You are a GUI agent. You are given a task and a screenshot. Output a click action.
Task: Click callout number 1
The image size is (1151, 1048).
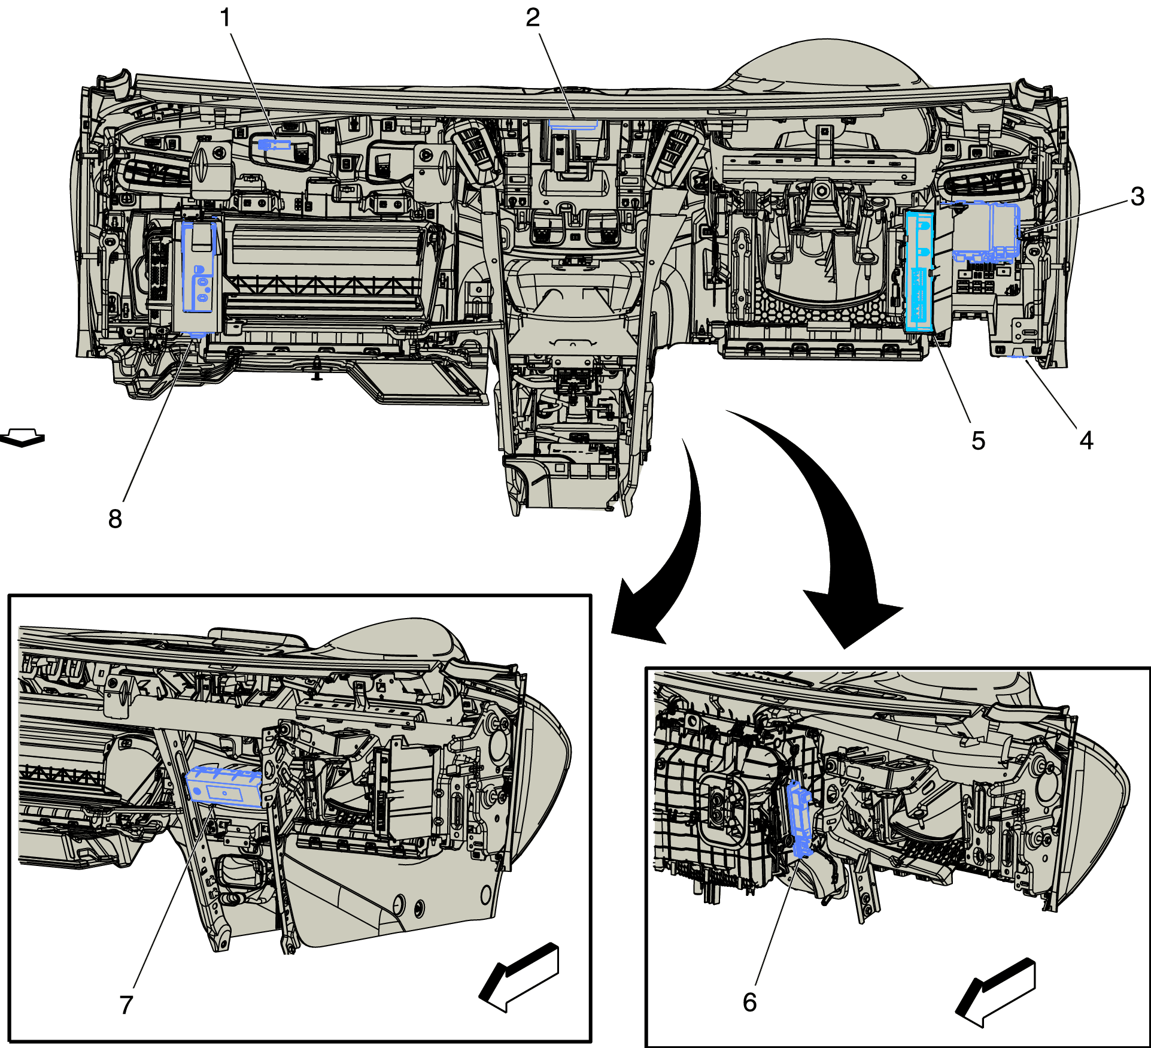tap(225, 18)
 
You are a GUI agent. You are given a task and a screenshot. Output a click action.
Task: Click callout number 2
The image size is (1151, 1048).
tap(533, 18)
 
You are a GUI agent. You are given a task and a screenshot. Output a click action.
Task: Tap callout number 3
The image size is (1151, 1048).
tap(1137, 196)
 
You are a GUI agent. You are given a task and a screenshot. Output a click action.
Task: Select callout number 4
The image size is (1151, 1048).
tap(1086, 441)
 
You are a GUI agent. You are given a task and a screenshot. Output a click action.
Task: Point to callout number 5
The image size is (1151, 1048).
tap(978, 441)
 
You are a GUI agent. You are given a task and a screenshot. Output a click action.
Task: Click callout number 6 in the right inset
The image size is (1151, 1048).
tap(749, 1002)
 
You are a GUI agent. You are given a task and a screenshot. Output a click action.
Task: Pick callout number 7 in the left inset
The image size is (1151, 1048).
tap(126, 1005)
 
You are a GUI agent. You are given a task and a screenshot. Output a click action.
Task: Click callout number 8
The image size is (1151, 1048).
tap(115, 519)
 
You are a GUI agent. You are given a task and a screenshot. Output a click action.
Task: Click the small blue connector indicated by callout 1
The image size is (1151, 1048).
tap(273, 144)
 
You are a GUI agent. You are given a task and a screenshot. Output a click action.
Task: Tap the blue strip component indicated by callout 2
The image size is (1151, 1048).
tap(573, 124)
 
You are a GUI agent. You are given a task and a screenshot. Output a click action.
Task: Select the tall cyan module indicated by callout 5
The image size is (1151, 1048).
tap(919, 271)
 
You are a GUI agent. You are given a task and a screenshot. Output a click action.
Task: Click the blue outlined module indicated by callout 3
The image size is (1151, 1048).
tap(985, 231)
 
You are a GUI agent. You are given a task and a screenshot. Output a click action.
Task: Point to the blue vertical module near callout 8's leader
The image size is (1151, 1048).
tap(198, 266)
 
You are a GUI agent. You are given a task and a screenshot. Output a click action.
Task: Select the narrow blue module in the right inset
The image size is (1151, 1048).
tap(799, 817)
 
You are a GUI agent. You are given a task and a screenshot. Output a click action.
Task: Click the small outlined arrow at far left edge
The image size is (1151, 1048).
tap(23, 437)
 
